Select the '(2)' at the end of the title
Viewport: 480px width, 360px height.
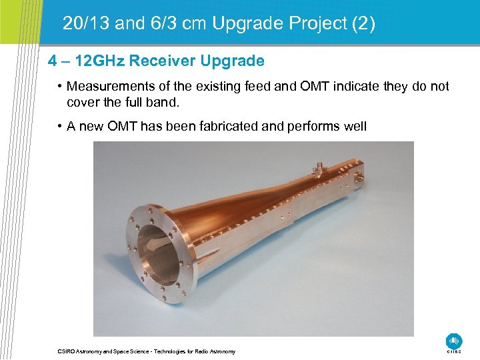363,25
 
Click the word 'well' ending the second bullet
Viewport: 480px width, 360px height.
355,126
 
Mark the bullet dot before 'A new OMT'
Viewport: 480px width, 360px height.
60,126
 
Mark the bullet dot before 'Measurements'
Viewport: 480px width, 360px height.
60,87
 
